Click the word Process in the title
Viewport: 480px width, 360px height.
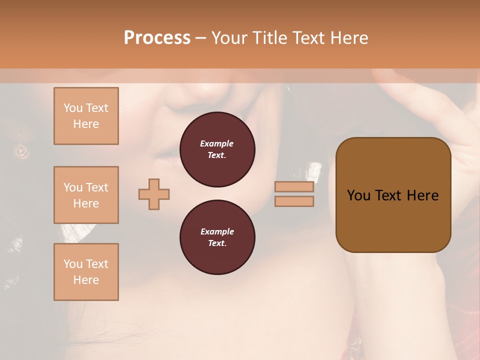[x=157, y=38]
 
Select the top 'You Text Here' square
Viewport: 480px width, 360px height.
[x=86, y=116]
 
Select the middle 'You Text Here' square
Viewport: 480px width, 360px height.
[x=86, y=195]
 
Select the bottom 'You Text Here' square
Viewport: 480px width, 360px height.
[x=86, y=272]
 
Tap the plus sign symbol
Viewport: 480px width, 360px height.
[x=154, y=194]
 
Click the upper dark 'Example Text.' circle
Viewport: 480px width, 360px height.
[x=217, y=149]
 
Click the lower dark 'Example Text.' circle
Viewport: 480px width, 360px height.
[x=217, y=237]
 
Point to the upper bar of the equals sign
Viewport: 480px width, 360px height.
[x=294, y=187]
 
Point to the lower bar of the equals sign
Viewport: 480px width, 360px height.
[x=294, y=201]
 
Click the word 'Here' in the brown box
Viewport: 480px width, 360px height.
[x=423, y=195]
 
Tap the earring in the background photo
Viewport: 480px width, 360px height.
[x=21, y=149]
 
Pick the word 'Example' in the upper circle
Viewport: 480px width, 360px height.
[x=217, y=143]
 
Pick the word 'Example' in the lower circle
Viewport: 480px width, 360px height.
[x=217, y=231]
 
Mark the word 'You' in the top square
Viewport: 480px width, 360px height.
[x=73, y=108]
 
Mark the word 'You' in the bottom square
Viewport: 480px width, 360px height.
[x=73, y=264]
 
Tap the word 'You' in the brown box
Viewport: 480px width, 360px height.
[x=359, y=195]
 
